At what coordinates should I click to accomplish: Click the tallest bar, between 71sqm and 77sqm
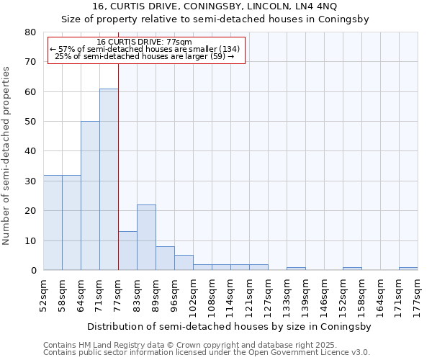coord(109,179)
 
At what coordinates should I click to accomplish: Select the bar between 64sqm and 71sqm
coord(90,196)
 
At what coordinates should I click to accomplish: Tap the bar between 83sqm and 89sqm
coord(146,238)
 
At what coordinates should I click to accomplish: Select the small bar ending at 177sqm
coord(408,269)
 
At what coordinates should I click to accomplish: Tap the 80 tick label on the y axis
coord(30,32)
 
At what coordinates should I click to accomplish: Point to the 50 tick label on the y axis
coord(30,122)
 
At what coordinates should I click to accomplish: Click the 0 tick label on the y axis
coord(33,271)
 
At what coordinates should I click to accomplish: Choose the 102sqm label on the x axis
coord(193,294)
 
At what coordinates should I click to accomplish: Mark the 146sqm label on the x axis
coord(324,294)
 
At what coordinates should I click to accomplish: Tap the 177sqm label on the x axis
coord(418,294)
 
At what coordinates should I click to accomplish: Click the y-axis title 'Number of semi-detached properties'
coord(7,156)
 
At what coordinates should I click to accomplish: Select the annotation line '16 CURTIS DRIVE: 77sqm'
coord(144,42)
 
